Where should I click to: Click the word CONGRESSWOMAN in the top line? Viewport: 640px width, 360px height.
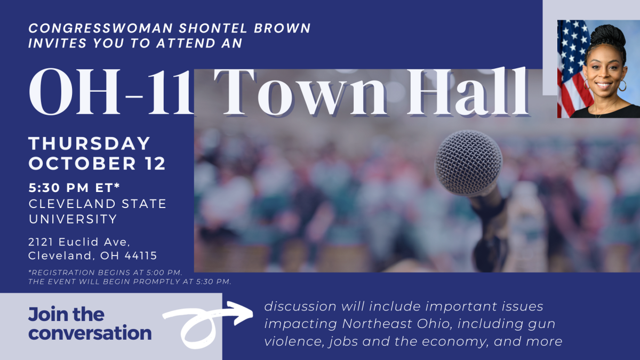[x=101, y=28]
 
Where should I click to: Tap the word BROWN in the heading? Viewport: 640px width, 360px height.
[x=282, y=28]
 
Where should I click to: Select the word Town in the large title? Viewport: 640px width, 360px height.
[x=300, y=91]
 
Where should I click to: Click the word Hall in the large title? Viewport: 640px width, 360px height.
[x=467, y=91]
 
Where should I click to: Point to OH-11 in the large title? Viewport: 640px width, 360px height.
[x=111, y=91]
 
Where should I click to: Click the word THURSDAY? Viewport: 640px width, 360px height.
[x=89, y=143]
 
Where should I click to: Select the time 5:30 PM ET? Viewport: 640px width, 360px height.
[x=74, y=188]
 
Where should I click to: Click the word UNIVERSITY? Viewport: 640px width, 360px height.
[x=73, y=219]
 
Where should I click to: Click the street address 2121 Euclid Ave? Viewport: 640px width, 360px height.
[x=79, y=242]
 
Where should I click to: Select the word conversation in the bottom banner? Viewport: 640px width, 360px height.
[x=90, y=333]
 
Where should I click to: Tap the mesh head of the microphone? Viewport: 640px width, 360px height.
[x=468, y=163]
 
